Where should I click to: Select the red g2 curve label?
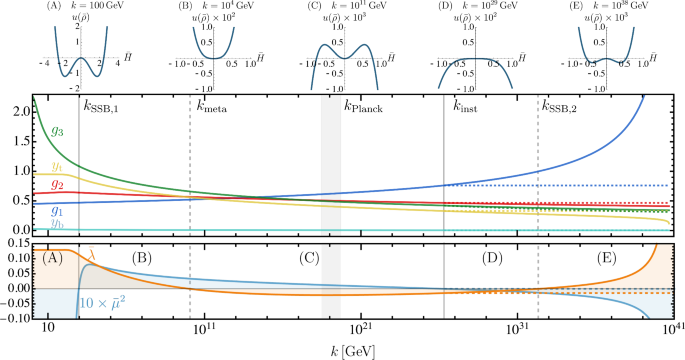[x=57, y=184]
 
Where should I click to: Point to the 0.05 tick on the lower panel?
[x=17, y=273]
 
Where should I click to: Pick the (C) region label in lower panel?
[x=310, y=258]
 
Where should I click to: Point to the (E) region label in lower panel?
[x=577, y=258]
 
